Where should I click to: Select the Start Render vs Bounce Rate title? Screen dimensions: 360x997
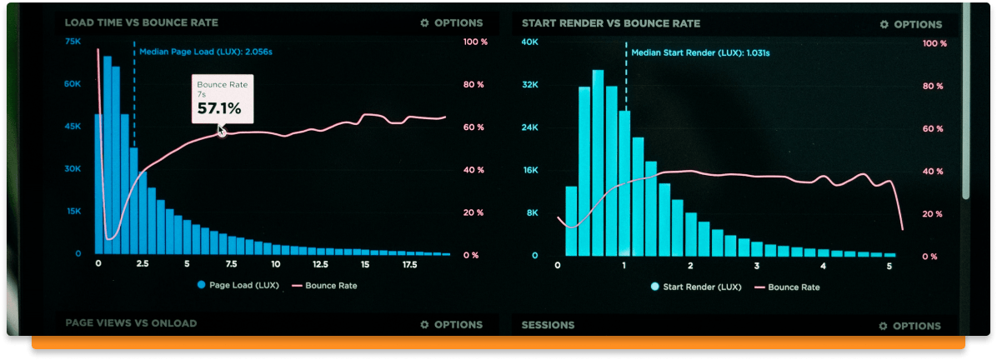pyautogui.click(x=611, y=24)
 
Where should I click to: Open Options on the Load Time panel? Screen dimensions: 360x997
pyautogui.click(x=451, y=23)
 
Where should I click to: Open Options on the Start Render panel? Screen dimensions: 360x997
pyautogui.click(x=910, y=25)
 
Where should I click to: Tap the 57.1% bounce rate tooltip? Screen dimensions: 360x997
pyautogui.click(x=222, y=100)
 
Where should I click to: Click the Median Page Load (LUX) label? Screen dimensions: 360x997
pyautogui.click(x=205, y=52)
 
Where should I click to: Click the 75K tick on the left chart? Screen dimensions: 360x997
pyautogui.click(x=73, y=42)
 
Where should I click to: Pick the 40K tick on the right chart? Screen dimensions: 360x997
pyautogui.click(x=529, y=42)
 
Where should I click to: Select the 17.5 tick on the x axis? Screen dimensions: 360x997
pyautogui.click(x=409, y=264)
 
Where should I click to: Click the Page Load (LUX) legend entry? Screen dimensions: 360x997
pyautogui.click(x=237, y=286)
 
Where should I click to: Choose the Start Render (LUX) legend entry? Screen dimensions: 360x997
pyautogui.click(x=696, y=287)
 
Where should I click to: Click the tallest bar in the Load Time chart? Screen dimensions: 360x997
pyautogui.click(x=107, y=155)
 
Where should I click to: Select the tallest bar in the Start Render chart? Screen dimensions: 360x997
pyautogui.click(x=598, y=162)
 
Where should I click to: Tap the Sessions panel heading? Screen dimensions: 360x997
pyautogui.click(x=548, y=325)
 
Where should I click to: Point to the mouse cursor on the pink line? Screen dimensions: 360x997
pyautogui.click(x=222, y=131)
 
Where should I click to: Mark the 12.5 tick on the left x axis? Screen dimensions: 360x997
pyautogui.click(x=320, y=264)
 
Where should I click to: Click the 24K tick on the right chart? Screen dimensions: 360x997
pyautogui.click(x=529, y=127)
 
